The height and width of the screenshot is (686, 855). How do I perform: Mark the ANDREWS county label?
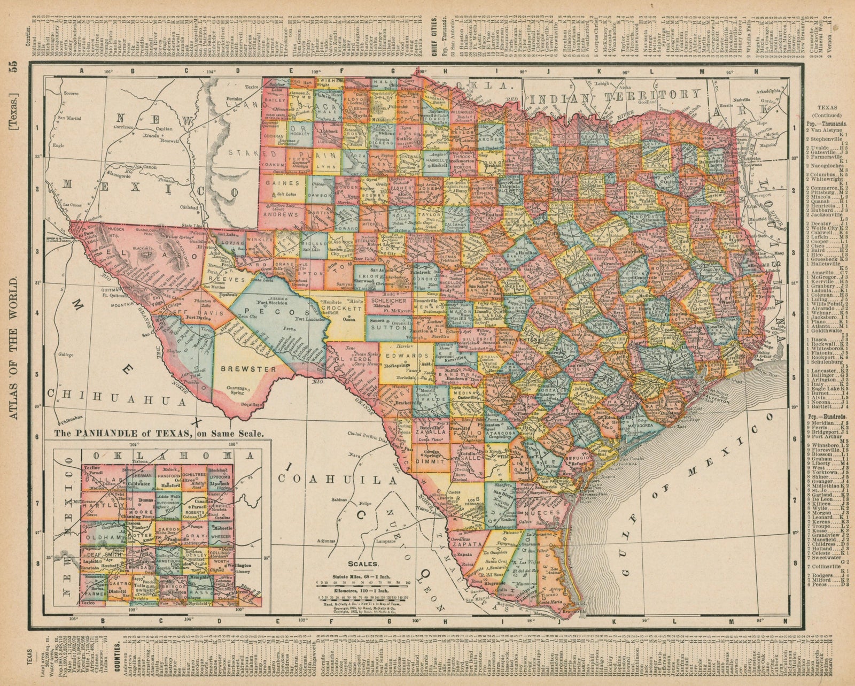pyautogui.click(x=282, y=214)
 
